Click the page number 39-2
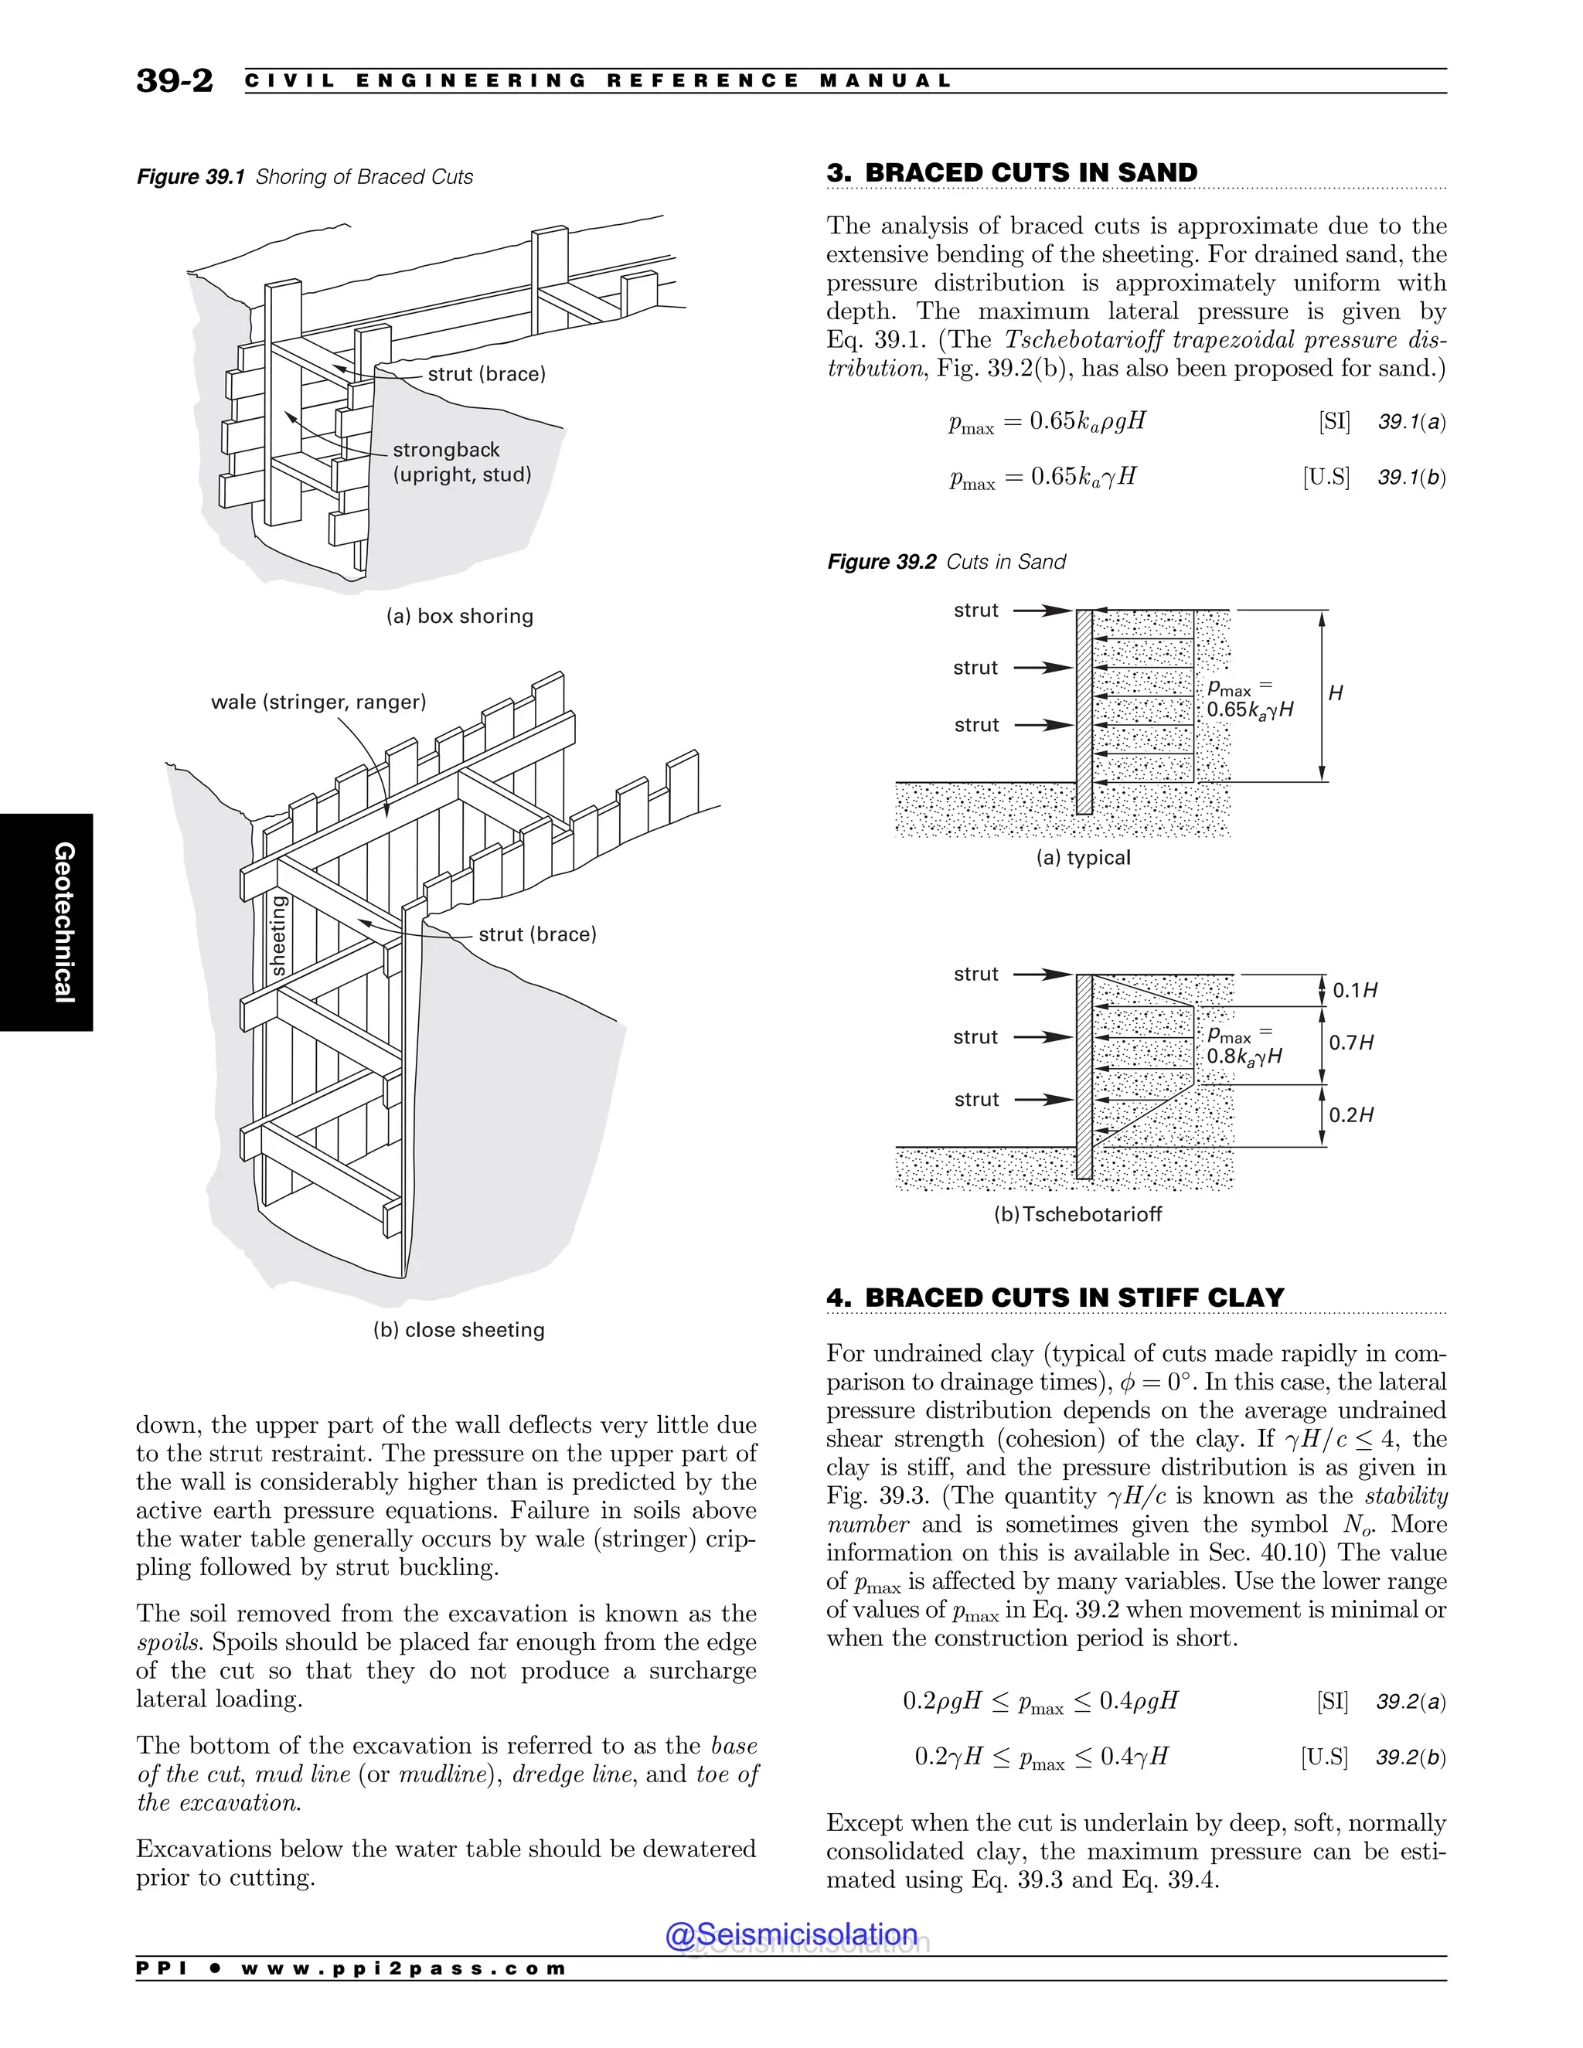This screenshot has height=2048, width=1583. click(175, 80)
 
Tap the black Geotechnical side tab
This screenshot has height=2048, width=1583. click(47, 922)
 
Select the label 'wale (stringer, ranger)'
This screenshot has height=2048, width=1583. click(318, 702)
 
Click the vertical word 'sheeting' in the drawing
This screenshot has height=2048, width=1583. click(277, 936)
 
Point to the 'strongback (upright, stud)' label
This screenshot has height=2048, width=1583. click(461, 461)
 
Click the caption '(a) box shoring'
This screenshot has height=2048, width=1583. click(460, 616)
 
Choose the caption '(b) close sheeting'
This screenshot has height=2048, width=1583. click(458, 1330)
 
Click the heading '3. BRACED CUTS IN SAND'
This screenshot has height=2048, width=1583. click(1012, 172)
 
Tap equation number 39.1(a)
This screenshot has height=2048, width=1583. click(1411, 422)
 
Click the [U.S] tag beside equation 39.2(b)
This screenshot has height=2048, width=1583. click(1323, 1757)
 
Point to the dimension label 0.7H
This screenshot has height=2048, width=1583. click(1351, 1043)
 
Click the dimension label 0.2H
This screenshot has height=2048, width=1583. click(1351, 1115)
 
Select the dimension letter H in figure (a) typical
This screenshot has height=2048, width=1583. click(1336, 693)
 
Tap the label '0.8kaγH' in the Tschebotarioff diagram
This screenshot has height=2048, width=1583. click(1244, 1056)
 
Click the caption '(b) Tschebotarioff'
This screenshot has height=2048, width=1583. click(1077, 1214)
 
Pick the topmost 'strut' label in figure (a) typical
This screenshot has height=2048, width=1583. click(975, 611)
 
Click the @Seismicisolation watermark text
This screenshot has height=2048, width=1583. click(791, 1934)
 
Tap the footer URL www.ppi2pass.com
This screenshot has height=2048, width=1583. click(403, 1968)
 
